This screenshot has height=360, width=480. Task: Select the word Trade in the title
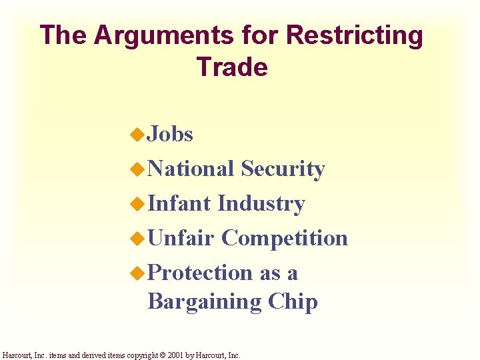point(232,67)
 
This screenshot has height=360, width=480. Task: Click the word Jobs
point(170,135)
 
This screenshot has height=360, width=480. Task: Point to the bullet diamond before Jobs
point(137,135)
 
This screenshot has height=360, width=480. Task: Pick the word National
point(191,169)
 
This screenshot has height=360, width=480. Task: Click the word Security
point(283,169)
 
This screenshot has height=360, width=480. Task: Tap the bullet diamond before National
point(137,170)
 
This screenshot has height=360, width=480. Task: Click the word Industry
point(261,203)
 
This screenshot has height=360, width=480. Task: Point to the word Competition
point(285,238)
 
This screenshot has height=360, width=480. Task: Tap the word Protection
point(199,273)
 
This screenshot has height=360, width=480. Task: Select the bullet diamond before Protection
point(137,273)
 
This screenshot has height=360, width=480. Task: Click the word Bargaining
point(204,302)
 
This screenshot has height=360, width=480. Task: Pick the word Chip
point(293,302)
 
